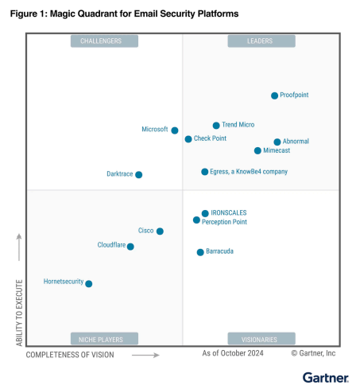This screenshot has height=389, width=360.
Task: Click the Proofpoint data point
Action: tap(274, 95)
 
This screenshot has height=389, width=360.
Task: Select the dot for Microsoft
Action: tap(175, 130)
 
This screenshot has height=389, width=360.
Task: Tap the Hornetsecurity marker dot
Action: tap(89, 284)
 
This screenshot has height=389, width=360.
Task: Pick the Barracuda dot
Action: tap(200, 252)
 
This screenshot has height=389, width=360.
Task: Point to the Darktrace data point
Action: tap(138, 175)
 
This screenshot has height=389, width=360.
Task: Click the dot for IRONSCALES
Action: tap(205, 213)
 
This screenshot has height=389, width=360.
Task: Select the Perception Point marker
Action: tap(196, 220)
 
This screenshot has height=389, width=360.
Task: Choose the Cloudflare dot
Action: tap(130, 247)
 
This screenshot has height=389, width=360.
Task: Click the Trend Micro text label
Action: tap(238, 125)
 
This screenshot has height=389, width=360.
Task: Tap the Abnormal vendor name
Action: tap(296, 141)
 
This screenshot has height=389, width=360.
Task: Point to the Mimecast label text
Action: tap(277, 150)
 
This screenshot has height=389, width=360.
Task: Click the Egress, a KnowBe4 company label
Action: tap(249, 172)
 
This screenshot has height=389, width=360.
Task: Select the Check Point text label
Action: tap(210, 138)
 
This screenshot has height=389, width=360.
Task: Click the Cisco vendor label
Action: tap(145, 231)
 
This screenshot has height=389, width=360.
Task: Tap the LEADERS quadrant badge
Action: tap(261, 41)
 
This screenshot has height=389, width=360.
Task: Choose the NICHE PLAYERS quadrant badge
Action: tap(104, 339)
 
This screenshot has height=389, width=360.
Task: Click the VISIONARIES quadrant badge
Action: tap(261, 339)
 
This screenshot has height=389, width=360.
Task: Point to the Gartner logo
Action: tap(326, 378)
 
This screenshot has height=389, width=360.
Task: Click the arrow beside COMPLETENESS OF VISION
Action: tap(145, 355)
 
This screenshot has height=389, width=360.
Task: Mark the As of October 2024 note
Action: tap(233, 353)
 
